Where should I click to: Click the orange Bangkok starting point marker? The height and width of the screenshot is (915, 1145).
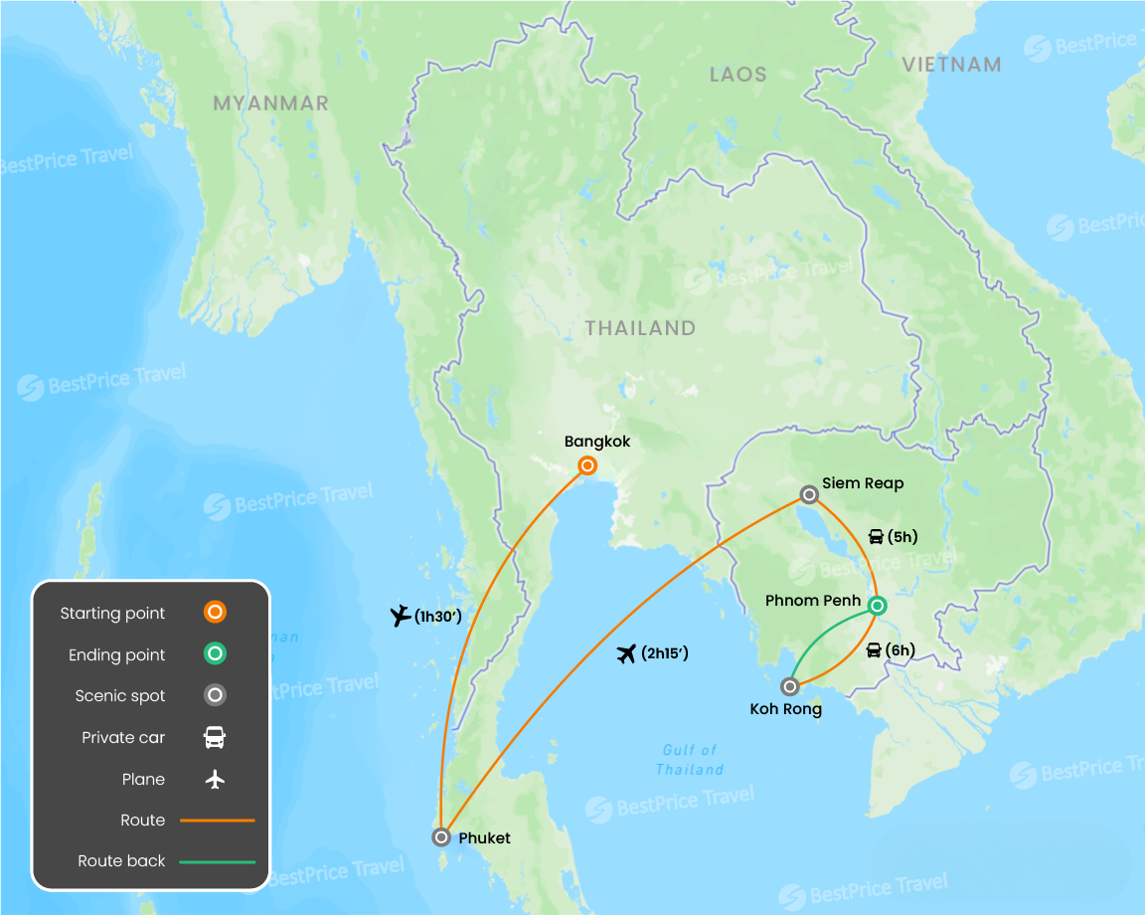(x=587, y=465)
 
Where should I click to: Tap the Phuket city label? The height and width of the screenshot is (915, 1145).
(x=484, y=838)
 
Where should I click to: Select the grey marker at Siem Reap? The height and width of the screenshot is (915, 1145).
(x=809, y=494)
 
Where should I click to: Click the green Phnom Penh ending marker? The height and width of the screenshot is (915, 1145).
(x=877, y=605)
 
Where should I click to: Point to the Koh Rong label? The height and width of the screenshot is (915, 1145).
(x=785, y=709)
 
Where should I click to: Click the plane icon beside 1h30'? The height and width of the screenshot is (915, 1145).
(x=401, y=617)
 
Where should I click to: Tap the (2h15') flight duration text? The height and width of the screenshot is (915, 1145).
(x=665, y=653)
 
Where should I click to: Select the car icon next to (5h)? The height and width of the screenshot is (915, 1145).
(x=876, y=537)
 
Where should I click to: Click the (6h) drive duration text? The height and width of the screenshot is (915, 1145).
(x=899, y=650)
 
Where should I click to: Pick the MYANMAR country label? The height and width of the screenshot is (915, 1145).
(x=270, y=103)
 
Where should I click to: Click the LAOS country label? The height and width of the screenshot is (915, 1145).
(x=738, y=75)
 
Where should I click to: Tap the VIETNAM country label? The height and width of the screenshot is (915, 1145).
(x=951, y=65)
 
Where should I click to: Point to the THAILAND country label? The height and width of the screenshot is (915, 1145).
(x=640, y=328)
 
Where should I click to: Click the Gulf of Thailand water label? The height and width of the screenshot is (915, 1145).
(x=689, y=760)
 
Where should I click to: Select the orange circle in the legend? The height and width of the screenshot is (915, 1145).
(x=215, y=613)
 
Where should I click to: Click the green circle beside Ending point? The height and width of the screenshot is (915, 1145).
(x=215, y=654)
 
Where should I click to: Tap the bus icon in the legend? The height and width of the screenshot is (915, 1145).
(x=215, y=738)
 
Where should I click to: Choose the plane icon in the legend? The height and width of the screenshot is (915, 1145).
(x=215, y=780)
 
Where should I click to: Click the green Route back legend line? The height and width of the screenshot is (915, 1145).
(x=218, y=861)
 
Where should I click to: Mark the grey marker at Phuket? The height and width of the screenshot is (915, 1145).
(x=441, y=837)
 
